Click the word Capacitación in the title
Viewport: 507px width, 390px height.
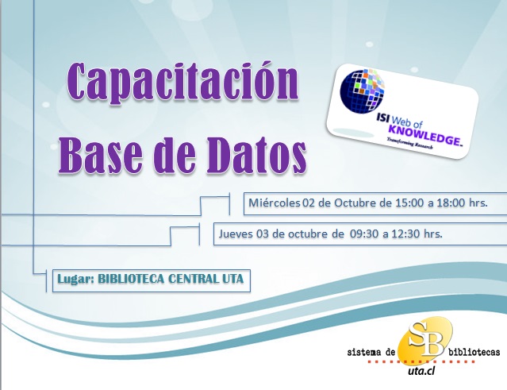tap(182, 83)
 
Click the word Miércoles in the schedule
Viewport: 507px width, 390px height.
tap(275, 203)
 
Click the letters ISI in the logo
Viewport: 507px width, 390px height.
tap(382, 118)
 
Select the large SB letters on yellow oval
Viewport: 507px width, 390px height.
tap(425, 339)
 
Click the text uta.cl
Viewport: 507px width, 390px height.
tap(421, 372)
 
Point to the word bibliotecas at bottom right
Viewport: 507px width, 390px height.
tap(474, 352)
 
